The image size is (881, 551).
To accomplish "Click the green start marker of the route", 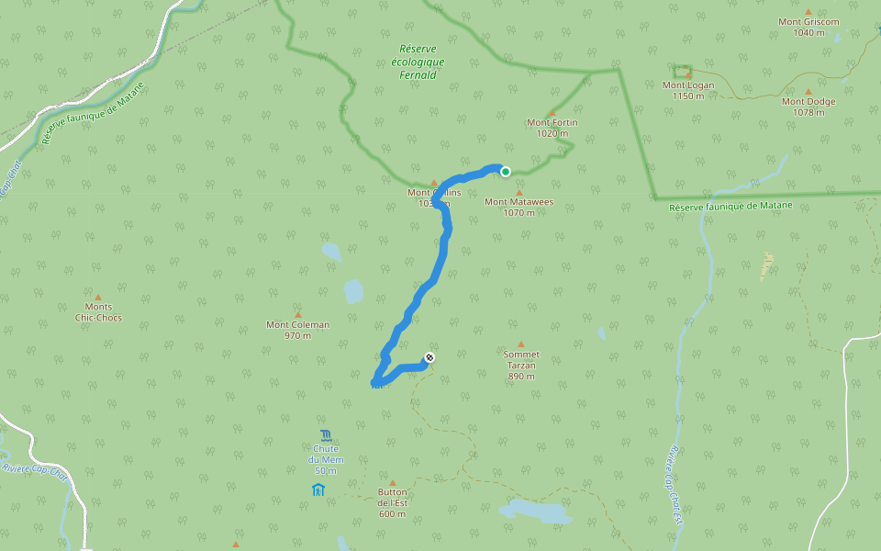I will (506, 171).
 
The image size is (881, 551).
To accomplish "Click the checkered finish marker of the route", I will (429, 357).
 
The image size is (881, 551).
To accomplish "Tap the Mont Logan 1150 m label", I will (687, 90).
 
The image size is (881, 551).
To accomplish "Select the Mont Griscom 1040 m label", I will (809, 27).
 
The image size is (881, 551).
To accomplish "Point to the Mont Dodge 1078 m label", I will (809, 107).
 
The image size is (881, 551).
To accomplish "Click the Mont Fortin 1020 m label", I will (552, 128).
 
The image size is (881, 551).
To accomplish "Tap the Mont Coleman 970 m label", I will (297, 330).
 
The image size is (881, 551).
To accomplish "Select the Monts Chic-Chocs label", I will (98, 312).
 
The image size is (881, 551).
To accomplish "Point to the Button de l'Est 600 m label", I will (392, 502).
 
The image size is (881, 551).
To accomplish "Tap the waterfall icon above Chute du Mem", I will (325, 434).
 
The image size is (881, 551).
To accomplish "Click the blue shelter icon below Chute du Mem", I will (318, 489).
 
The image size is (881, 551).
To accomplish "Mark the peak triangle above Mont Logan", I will (688, 74).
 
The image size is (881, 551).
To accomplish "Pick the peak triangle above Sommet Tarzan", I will (521, 344).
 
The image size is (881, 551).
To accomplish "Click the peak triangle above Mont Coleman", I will (297, 314).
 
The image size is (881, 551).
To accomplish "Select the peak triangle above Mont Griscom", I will (809, 11).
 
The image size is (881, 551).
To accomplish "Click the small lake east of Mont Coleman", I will (353, 292).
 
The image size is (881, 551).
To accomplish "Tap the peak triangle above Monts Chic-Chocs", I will (98, 297).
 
